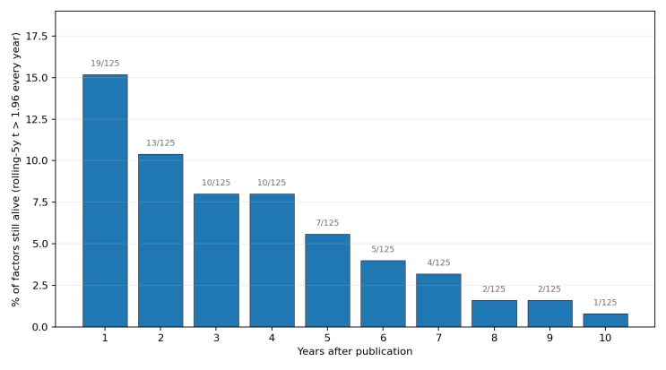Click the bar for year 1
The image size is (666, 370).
105,201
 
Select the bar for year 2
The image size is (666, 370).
160,241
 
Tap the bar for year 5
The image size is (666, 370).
327,280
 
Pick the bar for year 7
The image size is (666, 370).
438,300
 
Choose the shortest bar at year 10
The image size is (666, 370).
605,321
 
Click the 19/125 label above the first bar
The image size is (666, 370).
105,64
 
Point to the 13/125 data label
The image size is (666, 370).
160,143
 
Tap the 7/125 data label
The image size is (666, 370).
327,223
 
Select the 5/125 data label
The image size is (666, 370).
383,249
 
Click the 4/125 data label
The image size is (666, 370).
438,262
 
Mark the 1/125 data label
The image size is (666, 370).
605,303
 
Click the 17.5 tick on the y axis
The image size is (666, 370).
37,37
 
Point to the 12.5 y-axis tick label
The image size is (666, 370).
37,120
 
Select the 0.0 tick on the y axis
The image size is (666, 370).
39,327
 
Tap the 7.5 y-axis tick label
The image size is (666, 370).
39,202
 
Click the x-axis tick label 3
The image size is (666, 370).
216,338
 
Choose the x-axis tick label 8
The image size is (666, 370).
494,338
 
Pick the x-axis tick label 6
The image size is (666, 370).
383,338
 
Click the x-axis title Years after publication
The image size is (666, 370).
355,351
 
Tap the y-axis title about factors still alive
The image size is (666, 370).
15,169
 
